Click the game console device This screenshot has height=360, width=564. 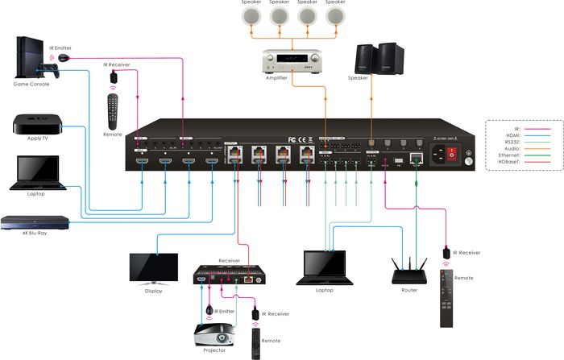point(31,58)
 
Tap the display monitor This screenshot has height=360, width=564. point(153,267)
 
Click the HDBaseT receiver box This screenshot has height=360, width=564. point(229,276)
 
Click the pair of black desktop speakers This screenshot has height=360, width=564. point(376,60)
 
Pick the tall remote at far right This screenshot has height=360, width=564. point(446,297)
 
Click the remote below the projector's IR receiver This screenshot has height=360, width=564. point(256,337)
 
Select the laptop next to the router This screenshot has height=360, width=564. point(326,268)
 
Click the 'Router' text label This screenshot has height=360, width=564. point(408,290)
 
